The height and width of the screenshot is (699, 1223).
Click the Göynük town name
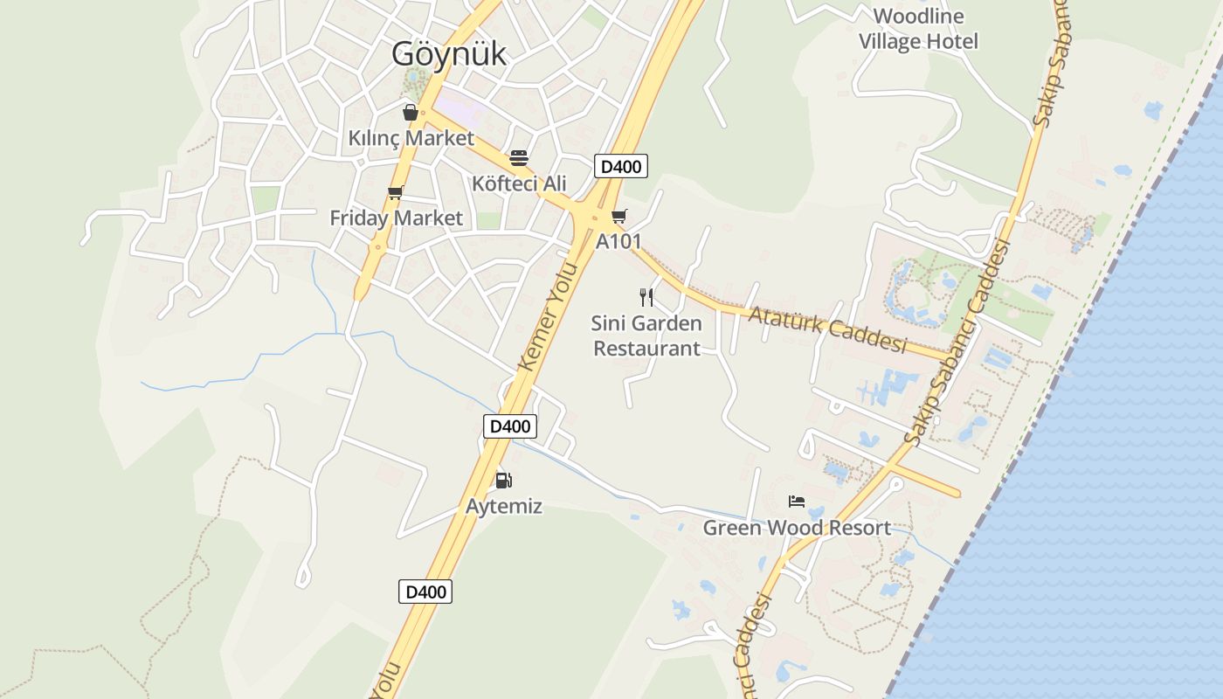[448, 54]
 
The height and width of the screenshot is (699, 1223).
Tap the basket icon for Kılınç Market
[410, 112]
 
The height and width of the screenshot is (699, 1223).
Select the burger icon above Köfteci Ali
[519, 158]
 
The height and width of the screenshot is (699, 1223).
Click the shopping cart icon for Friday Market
[395, 192]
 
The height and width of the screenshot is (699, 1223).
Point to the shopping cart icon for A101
[618, 216]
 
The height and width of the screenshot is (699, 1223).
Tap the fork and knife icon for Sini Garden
[646, 297]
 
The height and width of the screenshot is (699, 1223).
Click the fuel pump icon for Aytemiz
[503, 480]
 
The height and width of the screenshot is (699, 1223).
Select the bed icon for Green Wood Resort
[796, 502]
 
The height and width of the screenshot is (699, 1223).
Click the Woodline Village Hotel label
[918, 29]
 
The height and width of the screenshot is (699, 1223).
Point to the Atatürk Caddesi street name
[827, 328]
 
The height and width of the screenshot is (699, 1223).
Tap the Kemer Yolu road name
[549, 329]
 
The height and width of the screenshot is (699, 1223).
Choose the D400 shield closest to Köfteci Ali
[621, 166]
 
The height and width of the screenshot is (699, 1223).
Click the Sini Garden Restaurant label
[646, 336]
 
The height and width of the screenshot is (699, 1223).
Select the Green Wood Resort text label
[797, 528]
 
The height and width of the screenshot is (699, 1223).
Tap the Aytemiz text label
[504, 506]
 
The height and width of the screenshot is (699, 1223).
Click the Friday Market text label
[396, 218]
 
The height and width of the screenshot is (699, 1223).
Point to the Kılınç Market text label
[411, 138]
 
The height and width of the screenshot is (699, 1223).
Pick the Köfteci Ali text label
[519, 183]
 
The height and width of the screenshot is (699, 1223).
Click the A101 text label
[618, 241]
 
